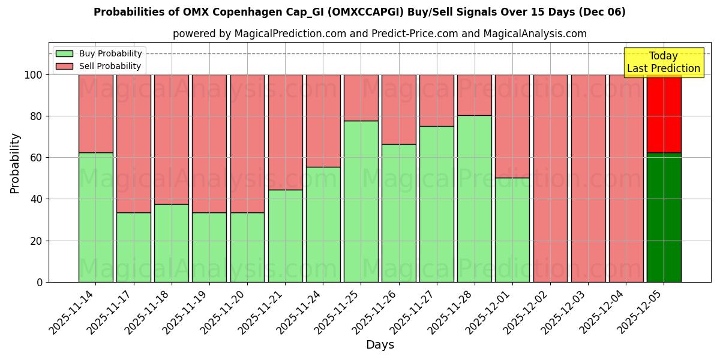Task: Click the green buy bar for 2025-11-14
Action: pos(95,217)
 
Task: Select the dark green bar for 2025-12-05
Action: pos(664,217)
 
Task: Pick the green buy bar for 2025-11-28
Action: pos(474,199)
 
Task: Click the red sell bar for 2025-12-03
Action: pos(588,178)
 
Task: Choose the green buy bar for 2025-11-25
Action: pos(361,202)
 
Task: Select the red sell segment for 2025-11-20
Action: pos(247,143)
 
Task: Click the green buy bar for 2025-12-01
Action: pos(512,230)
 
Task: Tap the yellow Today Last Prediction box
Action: pos(663,62)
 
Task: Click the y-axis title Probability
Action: pos(15,163)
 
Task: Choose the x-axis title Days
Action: pos(380,345)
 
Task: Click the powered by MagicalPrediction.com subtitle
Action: pos(379,34)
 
